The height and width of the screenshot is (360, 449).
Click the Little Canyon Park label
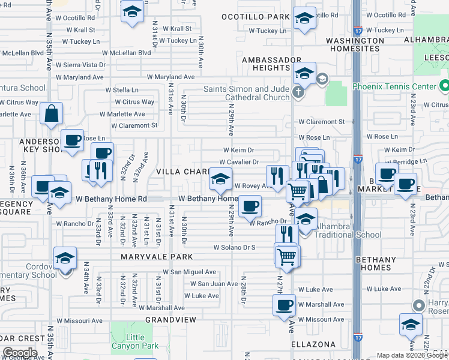(x=136, y=341)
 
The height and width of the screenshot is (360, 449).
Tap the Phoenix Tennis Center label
(x=402, y=86)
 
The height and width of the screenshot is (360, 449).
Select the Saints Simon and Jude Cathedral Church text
(x=246, y=94)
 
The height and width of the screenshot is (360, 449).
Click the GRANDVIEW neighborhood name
(x=170, y=320)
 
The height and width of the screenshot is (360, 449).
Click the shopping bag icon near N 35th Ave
(x=52, y=113)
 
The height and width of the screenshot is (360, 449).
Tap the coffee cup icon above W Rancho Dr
(x=250, y=206)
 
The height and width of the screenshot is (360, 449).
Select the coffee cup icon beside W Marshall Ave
(x=284, y=305)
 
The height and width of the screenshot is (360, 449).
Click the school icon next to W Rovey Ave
(x=220, y=179)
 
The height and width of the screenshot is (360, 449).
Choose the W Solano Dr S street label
(x=235, y=247)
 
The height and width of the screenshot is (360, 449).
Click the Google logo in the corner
(x=19, y=353)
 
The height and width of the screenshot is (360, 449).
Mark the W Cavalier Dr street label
(x=239, y=162)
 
